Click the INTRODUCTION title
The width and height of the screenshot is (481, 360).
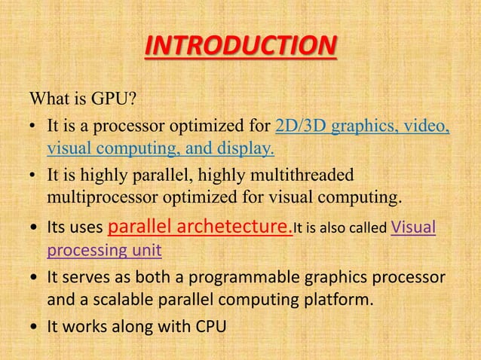pyautogui.click(x=240, y=47)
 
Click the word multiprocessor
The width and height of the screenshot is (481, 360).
pyautogui.click(x=94, y=198)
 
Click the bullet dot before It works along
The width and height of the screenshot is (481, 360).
pyautogui.click(x=34, y=328)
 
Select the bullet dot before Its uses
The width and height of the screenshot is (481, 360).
pyautogui.click(x=34, y=228)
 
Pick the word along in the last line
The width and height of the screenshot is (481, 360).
pyautogui.click(x=130, y=328)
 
